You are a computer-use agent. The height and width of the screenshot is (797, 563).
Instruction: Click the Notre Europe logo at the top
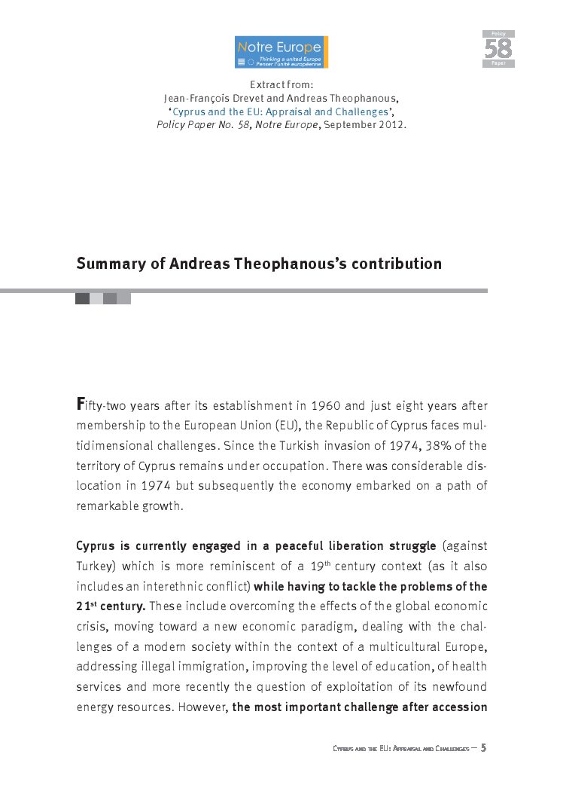coord(281,52)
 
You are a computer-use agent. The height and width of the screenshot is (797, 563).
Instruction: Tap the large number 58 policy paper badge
coord(498,49)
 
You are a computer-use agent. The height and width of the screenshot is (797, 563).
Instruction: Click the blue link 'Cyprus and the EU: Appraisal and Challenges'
coord(280,111)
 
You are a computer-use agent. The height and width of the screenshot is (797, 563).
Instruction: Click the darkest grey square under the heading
coord(82,298)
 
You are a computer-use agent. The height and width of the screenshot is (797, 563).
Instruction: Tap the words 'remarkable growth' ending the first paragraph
coord(129,505)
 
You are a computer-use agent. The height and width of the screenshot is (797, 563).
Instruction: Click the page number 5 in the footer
coord(483,747)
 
